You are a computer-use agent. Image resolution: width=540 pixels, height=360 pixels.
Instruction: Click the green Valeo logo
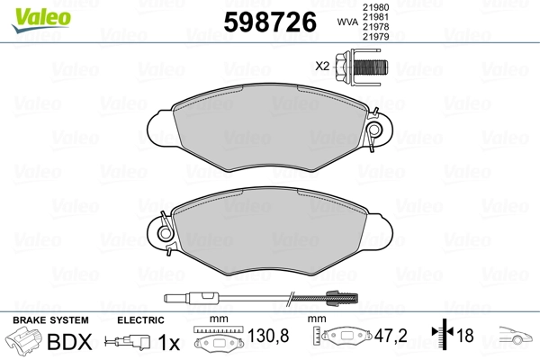click(x=41, y=20)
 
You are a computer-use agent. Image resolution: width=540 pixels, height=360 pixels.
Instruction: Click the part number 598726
click(x=270, y=22)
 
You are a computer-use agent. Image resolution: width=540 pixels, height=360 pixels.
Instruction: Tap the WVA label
click(x=347, y=22)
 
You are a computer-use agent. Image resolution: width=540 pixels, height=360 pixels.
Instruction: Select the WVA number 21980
click(x=375, y=7)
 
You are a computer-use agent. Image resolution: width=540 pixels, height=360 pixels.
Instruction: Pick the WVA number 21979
click(x=375, y=36)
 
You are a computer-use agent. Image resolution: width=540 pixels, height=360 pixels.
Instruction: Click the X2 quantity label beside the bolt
click(x=322, y=66)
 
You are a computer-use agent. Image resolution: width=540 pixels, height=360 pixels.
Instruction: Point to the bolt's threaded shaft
click(x=371, y=67)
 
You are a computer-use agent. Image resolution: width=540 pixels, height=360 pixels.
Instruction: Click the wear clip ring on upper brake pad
click(x=374, y=130)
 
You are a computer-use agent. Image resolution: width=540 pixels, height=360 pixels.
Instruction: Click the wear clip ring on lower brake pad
click(x=165, y=233)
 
